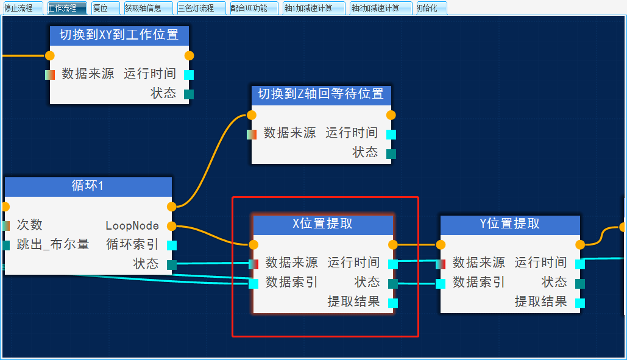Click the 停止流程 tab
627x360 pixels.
[22, 8]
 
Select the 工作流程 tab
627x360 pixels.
[66, 8]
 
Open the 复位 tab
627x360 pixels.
[105, 8]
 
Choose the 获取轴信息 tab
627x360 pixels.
[147, 8]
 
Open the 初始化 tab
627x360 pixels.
[431, 8]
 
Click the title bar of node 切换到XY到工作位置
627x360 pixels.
[119, 35]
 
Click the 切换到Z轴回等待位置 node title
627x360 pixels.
[321, 94]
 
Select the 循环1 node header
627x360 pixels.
[88, 186]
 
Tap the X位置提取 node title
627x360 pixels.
[323, 224]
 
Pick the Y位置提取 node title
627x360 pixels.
[510, 224]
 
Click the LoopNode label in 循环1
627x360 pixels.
[132, 226]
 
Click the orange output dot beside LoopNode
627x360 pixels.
[172, 226]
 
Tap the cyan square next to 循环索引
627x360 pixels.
[172, 245]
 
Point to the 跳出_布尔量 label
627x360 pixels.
[53, 245]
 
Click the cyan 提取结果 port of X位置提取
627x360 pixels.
[393, 303]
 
